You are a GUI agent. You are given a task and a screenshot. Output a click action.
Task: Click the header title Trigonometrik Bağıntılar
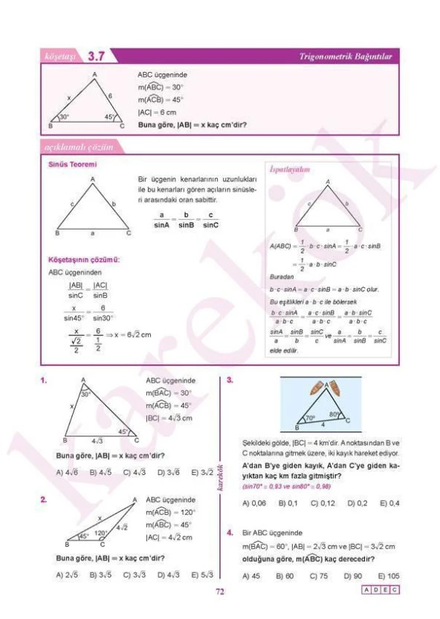(348, 56)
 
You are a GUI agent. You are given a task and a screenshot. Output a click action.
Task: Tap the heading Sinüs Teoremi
(73, 163)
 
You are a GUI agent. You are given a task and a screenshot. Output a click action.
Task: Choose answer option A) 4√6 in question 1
(68, 472)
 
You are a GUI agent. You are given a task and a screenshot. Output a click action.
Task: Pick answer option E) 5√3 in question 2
(202, 574)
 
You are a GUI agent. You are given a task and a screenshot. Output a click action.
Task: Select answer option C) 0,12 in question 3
(323, 503)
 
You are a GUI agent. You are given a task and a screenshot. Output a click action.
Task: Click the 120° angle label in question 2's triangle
(100, 533)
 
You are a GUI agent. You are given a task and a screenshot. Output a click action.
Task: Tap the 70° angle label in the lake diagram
(310, 418)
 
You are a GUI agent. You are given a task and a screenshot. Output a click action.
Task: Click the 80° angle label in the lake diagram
(334, 414)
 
